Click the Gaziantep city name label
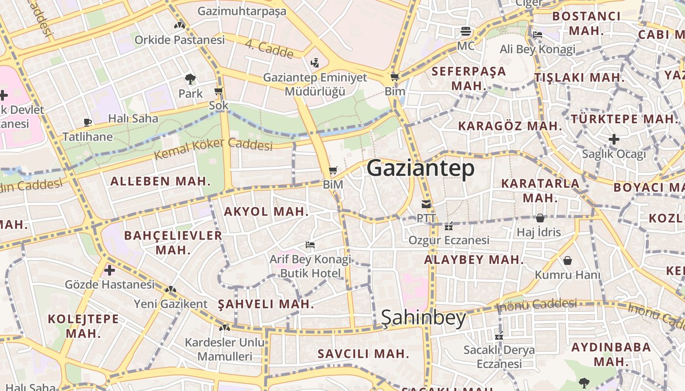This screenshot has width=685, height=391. point(420,168)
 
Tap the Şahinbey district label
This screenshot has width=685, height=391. point(423,318)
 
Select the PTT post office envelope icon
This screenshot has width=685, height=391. point(426,204)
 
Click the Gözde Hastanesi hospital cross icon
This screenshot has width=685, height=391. point(110,270)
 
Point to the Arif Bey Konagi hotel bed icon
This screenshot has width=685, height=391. point(310,244)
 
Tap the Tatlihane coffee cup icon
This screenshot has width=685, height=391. point(88,122)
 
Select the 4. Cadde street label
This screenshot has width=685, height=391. point(269,49)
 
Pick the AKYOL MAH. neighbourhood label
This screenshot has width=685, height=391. point(266,212)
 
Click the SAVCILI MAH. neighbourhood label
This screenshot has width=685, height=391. point(363,353)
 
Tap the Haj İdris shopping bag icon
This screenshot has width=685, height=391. point(540,217)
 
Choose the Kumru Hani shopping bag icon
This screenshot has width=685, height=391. point(568,261)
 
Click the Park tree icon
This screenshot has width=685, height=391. point(190,79)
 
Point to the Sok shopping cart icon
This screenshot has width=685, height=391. point(219,91)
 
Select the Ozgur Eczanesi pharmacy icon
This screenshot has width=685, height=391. point(448,226)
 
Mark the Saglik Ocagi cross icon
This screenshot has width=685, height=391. point(614,140)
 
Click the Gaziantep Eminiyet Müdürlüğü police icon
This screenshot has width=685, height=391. point(315,63)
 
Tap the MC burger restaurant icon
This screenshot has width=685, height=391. point(465,32)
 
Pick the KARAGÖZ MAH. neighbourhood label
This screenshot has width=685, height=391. point(510,126)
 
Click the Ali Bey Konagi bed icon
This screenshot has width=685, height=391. point(537,35)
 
